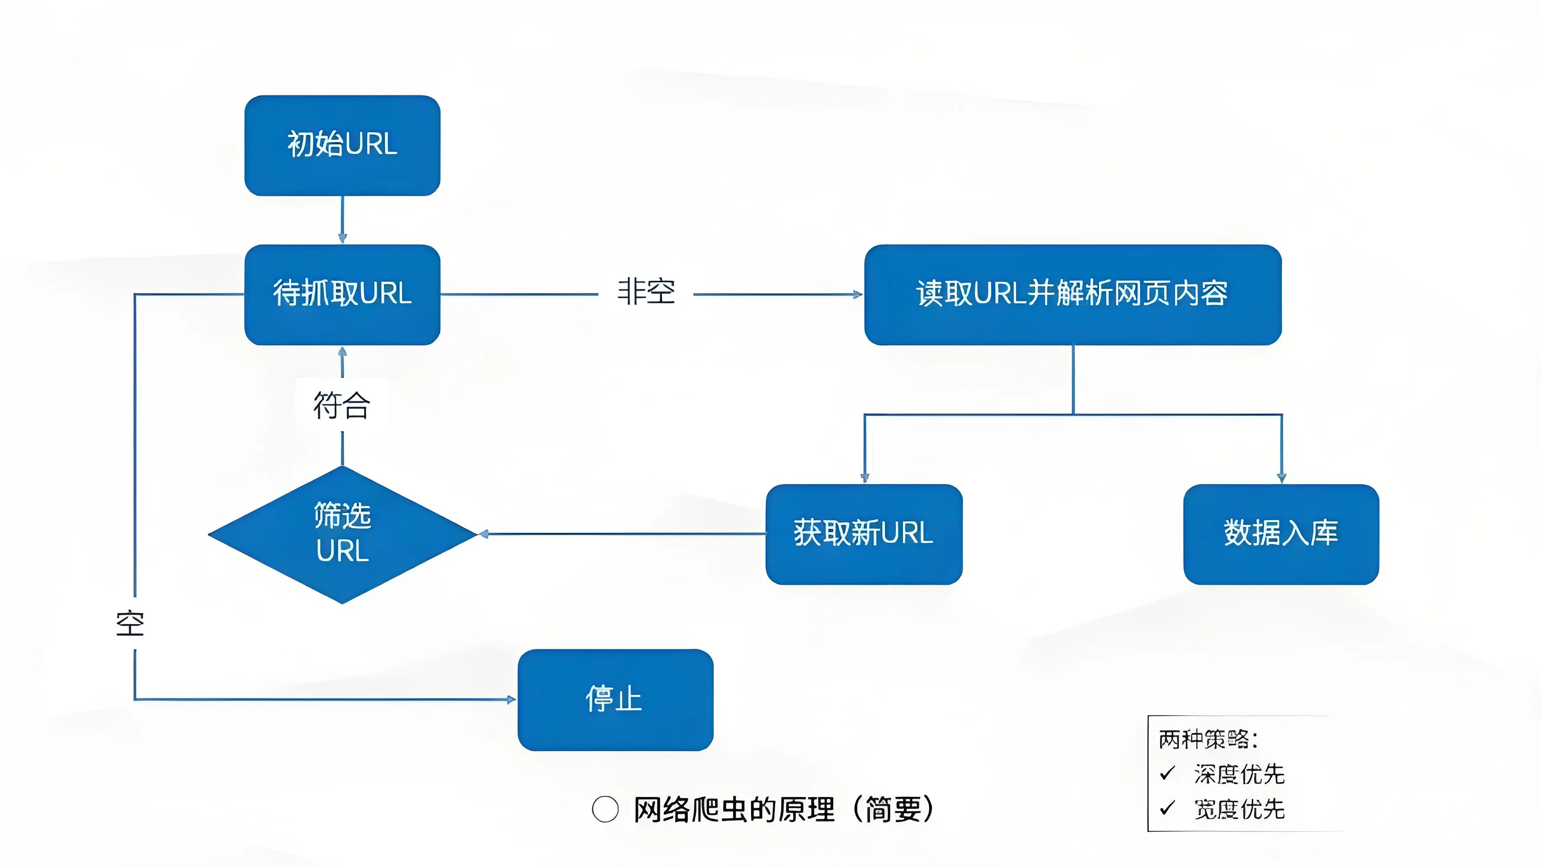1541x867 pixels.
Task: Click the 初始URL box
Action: (342, 145)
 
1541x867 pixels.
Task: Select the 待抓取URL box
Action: (342, 294)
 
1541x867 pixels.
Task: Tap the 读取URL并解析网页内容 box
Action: (1072, 294)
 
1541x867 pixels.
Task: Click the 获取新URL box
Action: (864, 534)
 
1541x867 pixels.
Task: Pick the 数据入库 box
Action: (1281, 534)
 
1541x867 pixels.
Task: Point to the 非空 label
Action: (646, 293)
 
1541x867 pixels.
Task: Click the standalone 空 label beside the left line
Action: (130, 623)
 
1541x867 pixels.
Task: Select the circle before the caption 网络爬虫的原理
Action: (605, 809)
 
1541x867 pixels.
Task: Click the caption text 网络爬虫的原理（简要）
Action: (784, 809)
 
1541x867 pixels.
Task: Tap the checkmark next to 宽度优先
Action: (1167, 808)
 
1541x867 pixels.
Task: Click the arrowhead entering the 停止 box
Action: (511, 699)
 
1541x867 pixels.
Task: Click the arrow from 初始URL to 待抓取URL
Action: (342, 220)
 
